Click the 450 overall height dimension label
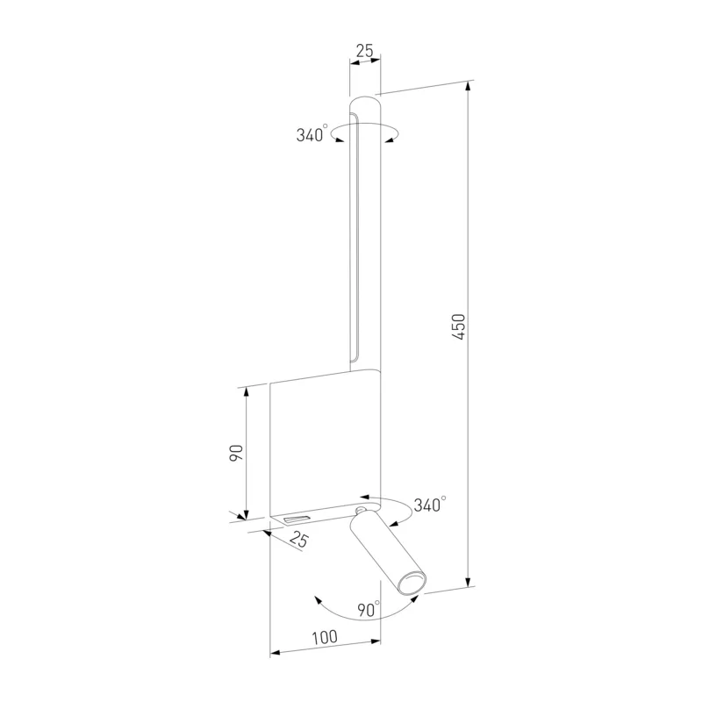(459, 326)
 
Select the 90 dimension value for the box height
(236, 453)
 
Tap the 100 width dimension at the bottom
(325, 637)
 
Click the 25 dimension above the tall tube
(364, 51)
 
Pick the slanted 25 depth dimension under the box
(298, 539)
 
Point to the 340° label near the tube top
(312, 134)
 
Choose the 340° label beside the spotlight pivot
(430, 505)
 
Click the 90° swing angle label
(369, 609)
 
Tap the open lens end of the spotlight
(412, 584)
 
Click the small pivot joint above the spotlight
(360, 511)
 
